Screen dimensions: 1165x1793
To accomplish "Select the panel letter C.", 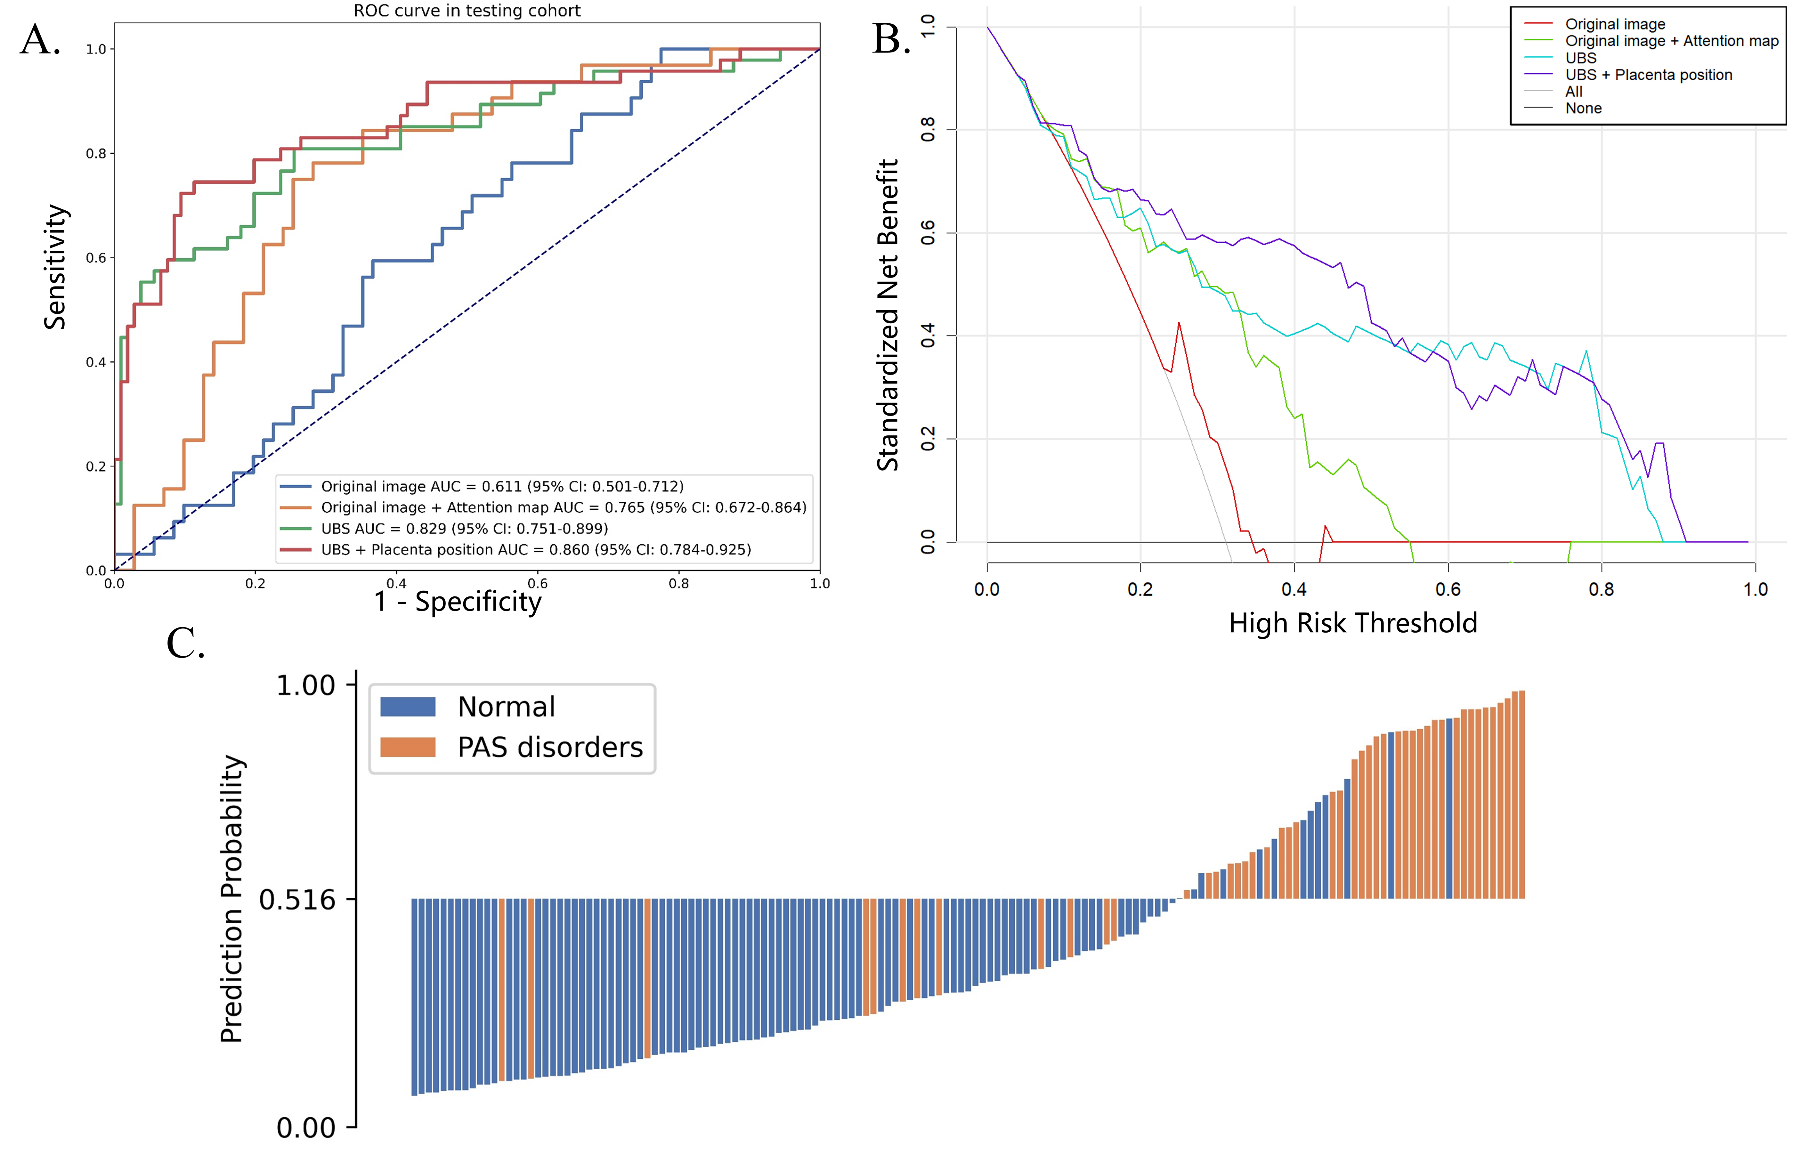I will coord(185,644).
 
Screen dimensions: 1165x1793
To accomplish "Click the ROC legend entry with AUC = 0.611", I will coord(502,487).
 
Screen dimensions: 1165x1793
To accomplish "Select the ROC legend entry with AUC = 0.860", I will coord(536,550).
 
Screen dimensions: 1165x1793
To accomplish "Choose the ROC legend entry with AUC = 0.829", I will coord(464,529).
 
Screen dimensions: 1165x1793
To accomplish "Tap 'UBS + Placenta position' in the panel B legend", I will coord(1648,75).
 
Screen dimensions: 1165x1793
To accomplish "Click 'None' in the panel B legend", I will coord(1583,109).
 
